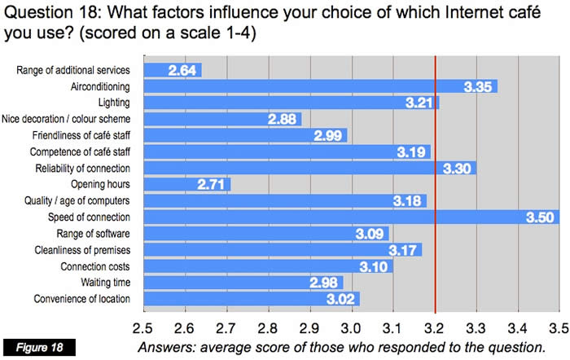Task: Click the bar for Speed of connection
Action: (350, 217)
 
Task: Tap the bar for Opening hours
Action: (186, 184)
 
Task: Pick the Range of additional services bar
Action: (172, 70)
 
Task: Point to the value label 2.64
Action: (183, 71)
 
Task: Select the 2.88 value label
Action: (283, 120)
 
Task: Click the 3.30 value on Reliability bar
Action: (458, 169)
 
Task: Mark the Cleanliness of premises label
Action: (85, 249)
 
